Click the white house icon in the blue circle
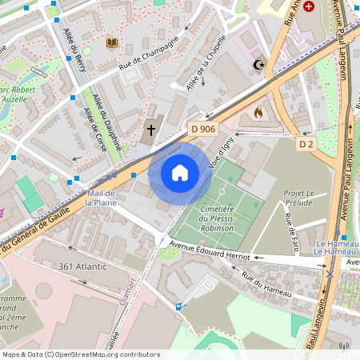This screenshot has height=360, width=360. pyautogui.click(x=180, y=172)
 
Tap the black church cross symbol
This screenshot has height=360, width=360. pyautogui.click(x=151, y=129)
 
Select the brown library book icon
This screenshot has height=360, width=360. pyautogui.click(x=110, y=42)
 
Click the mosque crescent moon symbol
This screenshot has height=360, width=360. pyautogui.click(x=258, y=64)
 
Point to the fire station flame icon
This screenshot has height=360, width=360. pyautogui.click(x=258, y=113)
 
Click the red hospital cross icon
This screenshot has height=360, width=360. pyautogui.click(x=309, y=5)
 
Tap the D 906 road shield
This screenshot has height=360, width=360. pyautogui.click(x=203, y=129)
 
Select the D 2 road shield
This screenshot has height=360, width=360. pyautogui.click(x=306, y=144)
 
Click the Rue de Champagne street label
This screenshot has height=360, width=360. pyautogui.click(x=146, y=58)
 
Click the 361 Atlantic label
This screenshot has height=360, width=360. pyautogui.click(x=82, y=266)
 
